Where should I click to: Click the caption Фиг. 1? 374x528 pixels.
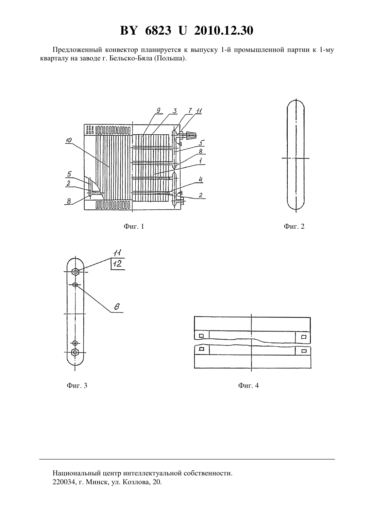pos(134,227)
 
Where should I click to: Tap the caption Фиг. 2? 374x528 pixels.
pos(294,227)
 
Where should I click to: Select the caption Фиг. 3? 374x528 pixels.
pos(77,385)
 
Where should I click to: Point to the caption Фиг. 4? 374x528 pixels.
pos(249,385)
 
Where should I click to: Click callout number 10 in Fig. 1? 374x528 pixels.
pos(68,140)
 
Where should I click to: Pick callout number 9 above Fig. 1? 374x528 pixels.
pos(158,110)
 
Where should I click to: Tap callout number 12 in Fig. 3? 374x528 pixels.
pos(117,264)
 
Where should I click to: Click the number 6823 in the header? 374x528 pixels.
pos(158,31)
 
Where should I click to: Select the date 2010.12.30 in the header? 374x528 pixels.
pos(224,31)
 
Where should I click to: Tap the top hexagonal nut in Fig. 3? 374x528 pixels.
pos(75,272)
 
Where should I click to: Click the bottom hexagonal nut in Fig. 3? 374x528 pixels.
pos(75,352)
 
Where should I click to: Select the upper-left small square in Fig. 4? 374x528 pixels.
pos(201,336)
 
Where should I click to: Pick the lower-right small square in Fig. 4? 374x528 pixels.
pos(304,351)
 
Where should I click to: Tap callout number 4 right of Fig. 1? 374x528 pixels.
pos(200,180)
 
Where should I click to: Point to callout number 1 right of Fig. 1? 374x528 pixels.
pos(200,161)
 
